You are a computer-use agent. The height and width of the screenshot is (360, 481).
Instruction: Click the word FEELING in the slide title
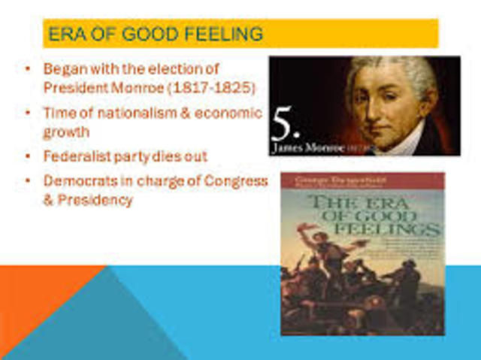coord(225,34)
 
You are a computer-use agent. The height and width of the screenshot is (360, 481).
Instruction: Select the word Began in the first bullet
coord(63,68)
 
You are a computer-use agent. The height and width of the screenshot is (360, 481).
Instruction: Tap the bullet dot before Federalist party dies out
coord(28,156)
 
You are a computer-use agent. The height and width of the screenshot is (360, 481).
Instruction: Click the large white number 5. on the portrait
coord(283,124)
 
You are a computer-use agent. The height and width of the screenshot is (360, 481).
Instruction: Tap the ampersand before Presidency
coord(48,200)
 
